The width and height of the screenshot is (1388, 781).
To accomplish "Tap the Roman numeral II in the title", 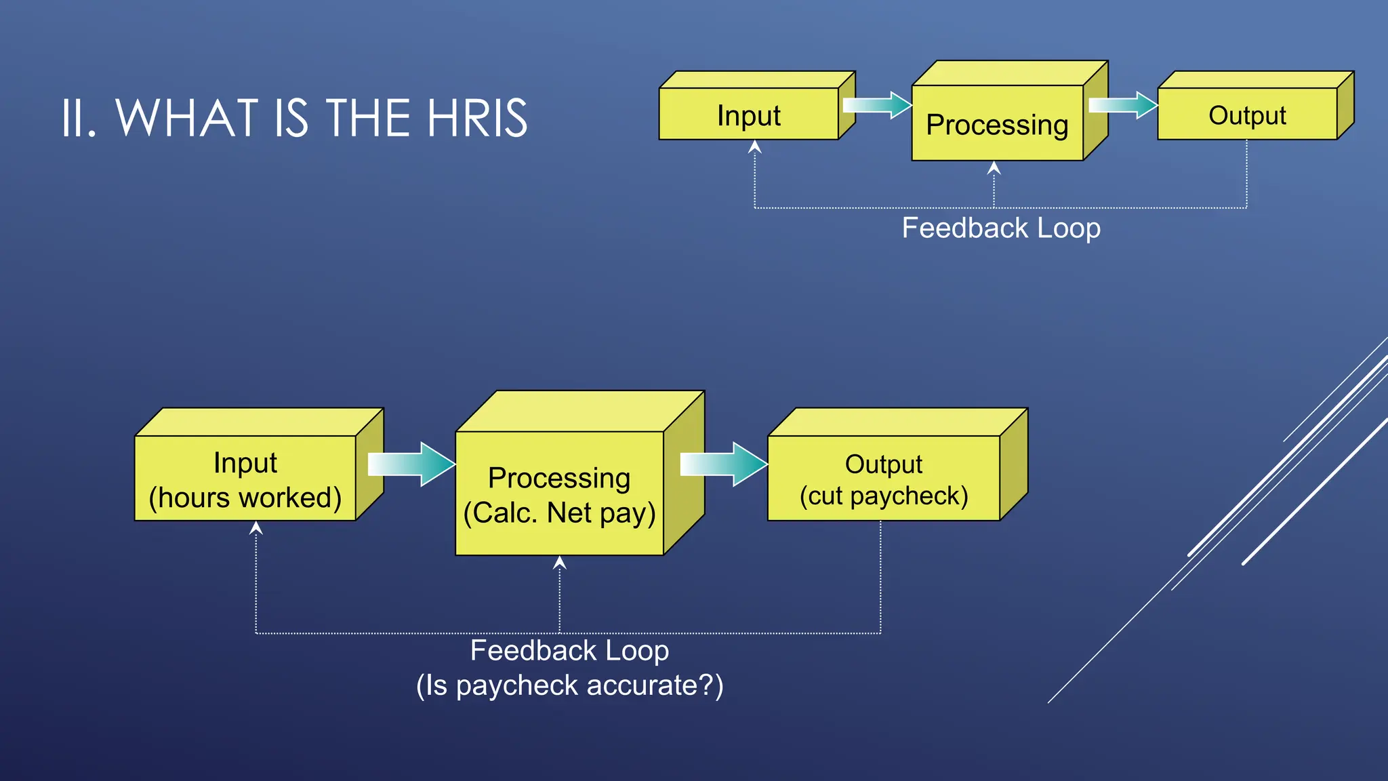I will click(78, 119).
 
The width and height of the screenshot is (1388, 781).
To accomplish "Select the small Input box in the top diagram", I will click(749, 115).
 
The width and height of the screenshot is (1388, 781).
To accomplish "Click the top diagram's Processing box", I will click(997, 124).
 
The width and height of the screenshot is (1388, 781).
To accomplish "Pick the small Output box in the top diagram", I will click(1247, 115).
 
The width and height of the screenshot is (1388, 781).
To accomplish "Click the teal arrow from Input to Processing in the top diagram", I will click(878, 105).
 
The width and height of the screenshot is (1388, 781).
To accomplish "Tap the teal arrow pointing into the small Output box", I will click(1123, 105).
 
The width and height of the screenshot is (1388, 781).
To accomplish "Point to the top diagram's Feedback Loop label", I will click(1001, 228).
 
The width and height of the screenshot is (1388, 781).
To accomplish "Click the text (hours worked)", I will click(245, 498).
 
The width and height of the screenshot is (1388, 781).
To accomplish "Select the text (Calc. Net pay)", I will click(559, 513).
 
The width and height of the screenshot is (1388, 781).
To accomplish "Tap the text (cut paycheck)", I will click(884, 496).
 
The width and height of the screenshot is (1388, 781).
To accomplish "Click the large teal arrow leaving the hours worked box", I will click(411, 464).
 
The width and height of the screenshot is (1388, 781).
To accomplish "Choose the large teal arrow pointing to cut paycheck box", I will click(723, 464).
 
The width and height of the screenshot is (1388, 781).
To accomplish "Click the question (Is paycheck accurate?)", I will click(569, 685).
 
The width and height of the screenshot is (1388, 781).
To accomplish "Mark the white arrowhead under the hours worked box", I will click(256, 528).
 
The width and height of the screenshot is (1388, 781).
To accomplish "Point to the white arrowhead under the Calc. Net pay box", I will click(559, 563).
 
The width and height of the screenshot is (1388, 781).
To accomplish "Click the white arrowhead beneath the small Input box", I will click(755, 147).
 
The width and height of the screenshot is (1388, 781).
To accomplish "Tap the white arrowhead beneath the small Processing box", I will click(994, 168).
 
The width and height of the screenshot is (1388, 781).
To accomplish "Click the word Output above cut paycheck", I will click(883, 464).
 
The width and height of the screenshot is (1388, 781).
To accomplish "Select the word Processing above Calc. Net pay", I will click(559, 478).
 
